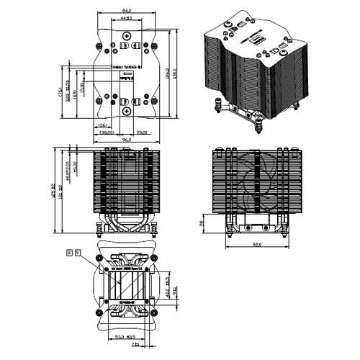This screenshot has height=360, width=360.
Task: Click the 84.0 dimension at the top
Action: click(126, 11)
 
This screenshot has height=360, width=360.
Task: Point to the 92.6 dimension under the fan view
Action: click(256, 246)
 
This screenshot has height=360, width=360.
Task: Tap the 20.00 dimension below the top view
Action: click(143, 132)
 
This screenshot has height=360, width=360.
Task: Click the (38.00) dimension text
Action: click(108, 132)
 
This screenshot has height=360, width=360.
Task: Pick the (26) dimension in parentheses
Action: click(104, 125)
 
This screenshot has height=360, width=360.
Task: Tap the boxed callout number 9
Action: click(78, 253)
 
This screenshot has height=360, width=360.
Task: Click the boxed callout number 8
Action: click(69, 253)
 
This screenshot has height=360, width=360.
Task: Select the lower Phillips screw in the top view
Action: click(127, 111)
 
